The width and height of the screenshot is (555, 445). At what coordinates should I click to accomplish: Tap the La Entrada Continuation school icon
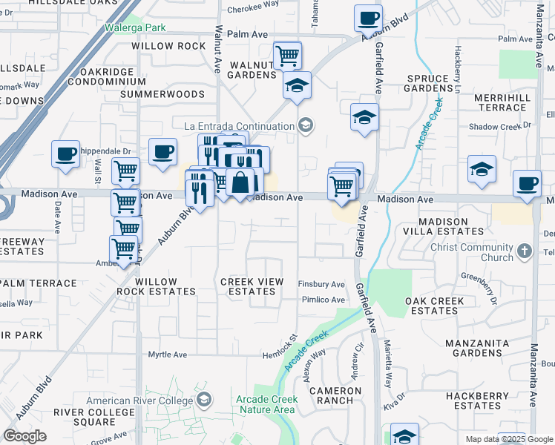(x=304, y=125)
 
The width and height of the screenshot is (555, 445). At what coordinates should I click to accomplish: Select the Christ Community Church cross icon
(x=525, y=251)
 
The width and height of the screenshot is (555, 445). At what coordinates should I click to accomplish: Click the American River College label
(x=139, y=401)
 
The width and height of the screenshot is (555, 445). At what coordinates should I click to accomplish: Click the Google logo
(x=24, y=436)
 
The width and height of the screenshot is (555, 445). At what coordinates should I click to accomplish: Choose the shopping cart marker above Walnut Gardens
(x=287, y=54)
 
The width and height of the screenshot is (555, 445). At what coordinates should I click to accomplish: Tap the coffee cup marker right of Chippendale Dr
(x=162, y=151)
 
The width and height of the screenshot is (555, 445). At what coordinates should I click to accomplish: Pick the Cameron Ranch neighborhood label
(x=331, y=395)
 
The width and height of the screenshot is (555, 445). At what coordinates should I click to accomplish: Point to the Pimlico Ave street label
(x=323, y=300)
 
